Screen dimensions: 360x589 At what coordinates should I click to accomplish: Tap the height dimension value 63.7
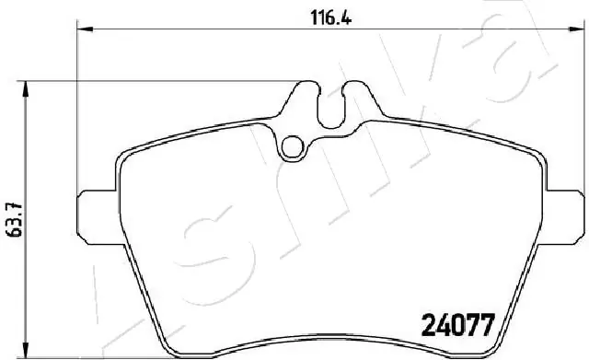pos(12,218)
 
